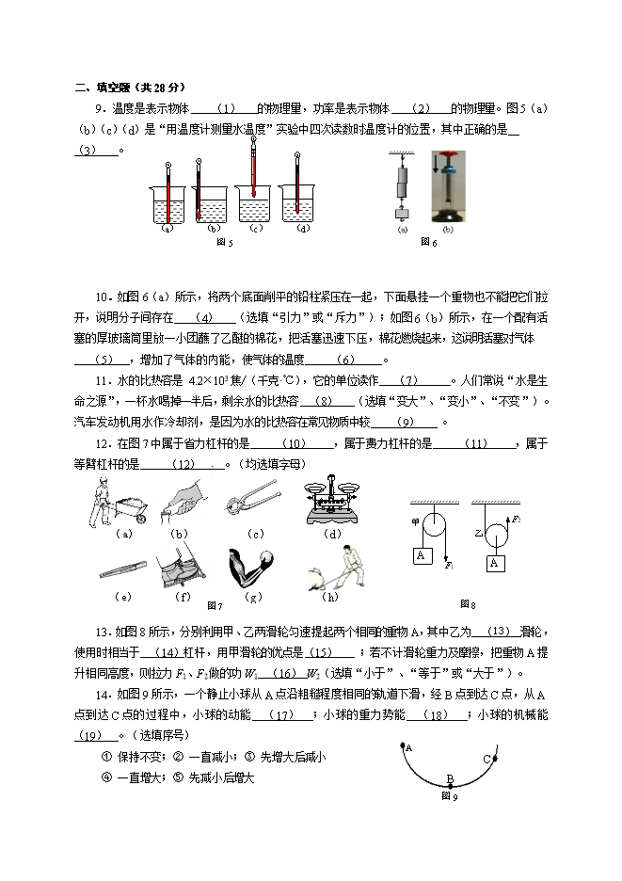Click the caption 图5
(x=224, y=243)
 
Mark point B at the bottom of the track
(x=450, y=779)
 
